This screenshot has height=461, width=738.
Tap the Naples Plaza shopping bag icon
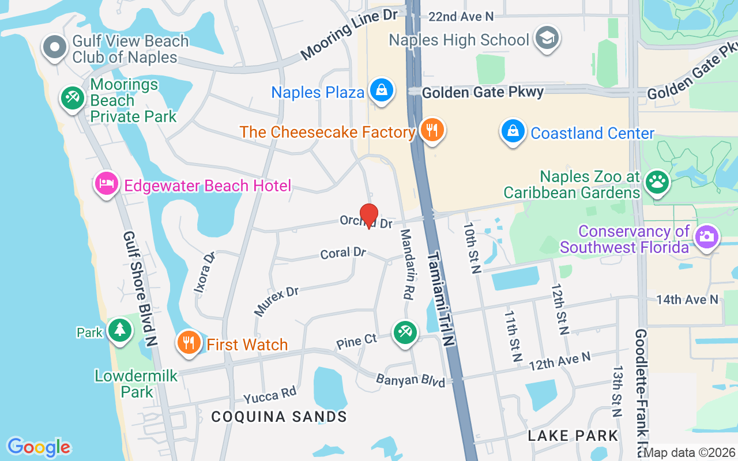coord(382,90)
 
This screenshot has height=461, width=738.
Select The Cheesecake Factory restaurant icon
coord(431,130)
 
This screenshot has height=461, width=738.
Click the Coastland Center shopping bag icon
coord(513,131)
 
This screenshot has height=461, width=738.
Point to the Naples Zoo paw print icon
coord(657,182)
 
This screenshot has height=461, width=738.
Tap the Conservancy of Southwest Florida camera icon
coord(707,236)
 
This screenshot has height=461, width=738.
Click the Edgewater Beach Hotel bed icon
coord(106,184)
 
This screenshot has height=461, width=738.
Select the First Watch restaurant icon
coord(189,342)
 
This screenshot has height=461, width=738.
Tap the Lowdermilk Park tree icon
coord(119,330)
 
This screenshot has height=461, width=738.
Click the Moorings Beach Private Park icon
coord(73,97)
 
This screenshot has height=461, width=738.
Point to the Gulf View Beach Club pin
coord(56,47)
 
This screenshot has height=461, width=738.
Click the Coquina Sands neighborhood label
coord(279,417)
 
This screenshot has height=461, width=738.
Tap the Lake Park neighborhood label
coord(573,436)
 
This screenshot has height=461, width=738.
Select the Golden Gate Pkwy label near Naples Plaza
coord(483,92)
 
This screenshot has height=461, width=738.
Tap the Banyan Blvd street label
coord(411,381)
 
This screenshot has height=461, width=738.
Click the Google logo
coord(39,447)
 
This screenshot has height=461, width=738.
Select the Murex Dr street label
coord(277,301)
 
